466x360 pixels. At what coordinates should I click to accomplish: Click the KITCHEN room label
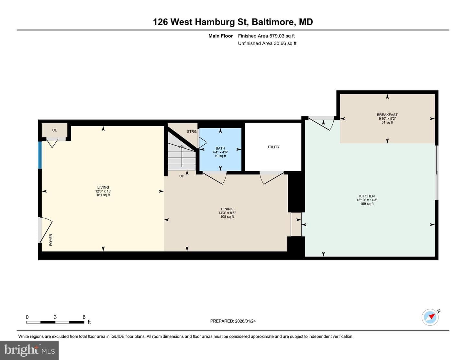click(367, 196)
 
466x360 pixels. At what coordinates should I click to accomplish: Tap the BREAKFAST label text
click(387, 115)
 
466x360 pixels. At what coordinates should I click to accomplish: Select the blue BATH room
click(220, 149)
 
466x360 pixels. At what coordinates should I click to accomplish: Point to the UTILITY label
click(273, 147)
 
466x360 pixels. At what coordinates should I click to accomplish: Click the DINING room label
click(227, 209)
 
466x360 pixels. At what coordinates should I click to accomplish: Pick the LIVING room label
click(103, 187)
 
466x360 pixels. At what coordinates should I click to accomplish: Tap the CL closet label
click(54, 130)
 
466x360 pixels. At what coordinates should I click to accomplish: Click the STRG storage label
click(192, 132)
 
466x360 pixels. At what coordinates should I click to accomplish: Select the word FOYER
click(50, 240)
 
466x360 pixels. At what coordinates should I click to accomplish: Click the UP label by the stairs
click(182, 176)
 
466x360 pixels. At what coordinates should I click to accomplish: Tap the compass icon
click(430, 317)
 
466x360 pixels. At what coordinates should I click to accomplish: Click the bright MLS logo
click(29, 350)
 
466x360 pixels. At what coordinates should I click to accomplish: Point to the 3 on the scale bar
click(55, 317)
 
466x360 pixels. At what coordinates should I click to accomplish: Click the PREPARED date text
click(233, 321)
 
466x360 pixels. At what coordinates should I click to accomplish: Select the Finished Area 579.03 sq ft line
click(266, 36)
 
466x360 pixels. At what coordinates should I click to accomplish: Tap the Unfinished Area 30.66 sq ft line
click(267, 43)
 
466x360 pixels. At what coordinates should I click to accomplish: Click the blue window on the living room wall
click(40, 155)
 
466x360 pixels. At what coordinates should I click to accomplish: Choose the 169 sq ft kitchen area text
click(367, 204)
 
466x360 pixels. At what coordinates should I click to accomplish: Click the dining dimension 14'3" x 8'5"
click(227, 213)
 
